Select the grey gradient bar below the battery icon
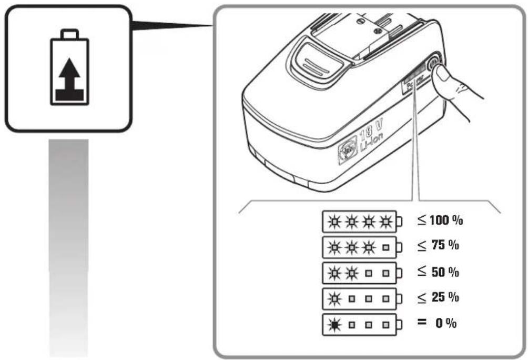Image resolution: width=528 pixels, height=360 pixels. tap(68, 247)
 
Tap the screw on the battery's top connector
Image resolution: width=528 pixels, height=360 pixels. tap(360, 22)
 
